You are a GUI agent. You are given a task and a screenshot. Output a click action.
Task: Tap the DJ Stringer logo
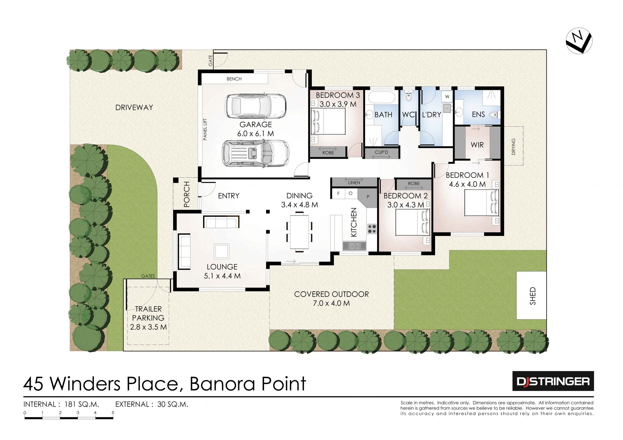553,381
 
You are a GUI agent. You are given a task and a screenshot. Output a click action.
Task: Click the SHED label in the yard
532,296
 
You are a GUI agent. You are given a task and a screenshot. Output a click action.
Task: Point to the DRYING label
513,146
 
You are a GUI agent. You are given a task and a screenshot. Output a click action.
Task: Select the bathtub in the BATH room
382,97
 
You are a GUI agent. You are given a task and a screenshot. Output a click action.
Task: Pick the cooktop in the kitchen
372,229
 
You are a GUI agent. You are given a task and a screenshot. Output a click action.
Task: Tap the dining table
299,231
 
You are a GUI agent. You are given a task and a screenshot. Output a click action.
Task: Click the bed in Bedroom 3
328,121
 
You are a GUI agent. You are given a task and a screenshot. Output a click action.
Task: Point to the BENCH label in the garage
234,79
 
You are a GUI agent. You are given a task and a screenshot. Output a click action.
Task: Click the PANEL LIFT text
205,129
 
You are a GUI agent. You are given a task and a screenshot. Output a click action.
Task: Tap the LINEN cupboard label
354,183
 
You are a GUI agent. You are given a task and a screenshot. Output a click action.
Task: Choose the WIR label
477,145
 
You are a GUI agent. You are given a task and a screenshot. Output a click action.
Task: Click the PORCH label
187,194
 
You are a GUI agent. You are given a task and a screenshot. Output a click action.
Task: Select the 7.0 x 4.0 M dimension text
331,303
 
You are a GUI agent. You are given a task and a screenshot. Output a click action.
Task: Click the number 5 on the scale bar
113,413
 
